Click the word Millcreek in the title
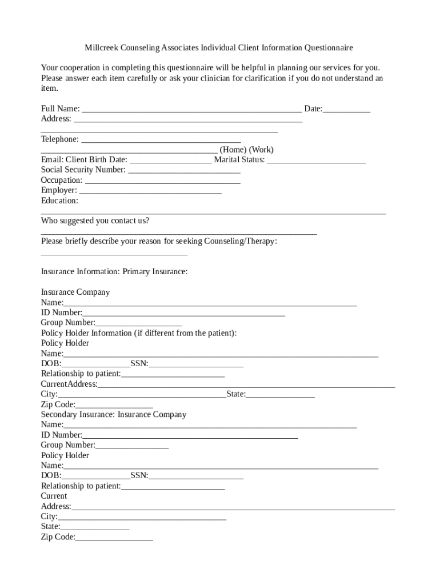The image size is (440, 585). (103, 47)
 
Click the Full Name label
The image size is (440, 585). (60, 109)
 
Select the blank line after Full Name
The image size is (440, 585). (192, 110)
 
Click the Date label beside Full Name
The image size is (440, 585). (313, 109)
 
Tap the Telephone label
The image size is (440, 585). (60, 139)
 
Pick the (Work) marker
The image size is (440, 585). (261, 150)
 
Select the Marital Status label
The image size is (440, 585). (239, 160)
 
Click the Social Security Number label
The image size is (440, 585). (83, 170)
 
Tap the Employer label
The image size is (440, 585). (59, 190)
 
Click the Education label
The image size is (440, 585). (59, 201)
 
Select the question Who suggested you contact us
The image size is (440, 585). (95, 221)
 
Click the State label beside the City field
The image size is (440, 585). (236, 394)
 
